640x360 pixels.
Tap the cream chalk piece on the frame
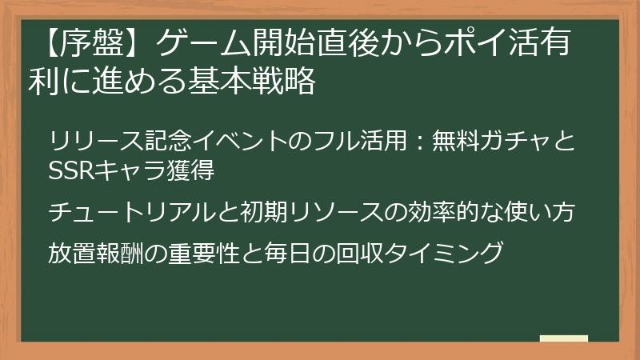564,338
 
